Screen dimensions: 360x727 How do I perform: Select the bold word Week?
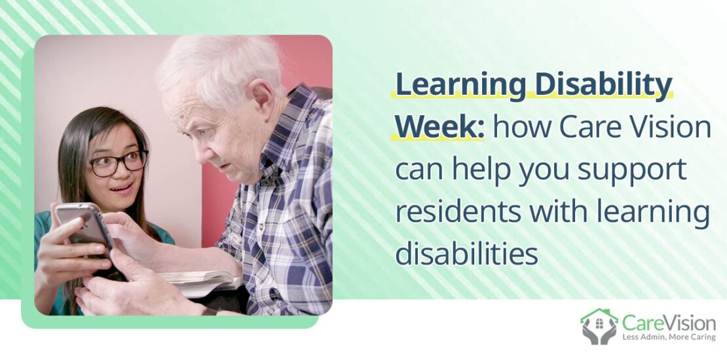coord(439,127)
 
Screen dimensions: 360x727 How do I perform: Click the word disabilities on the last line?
coord(466,254)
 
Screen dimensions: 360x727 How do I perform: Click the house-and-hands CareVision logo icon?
coord(599,326)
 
